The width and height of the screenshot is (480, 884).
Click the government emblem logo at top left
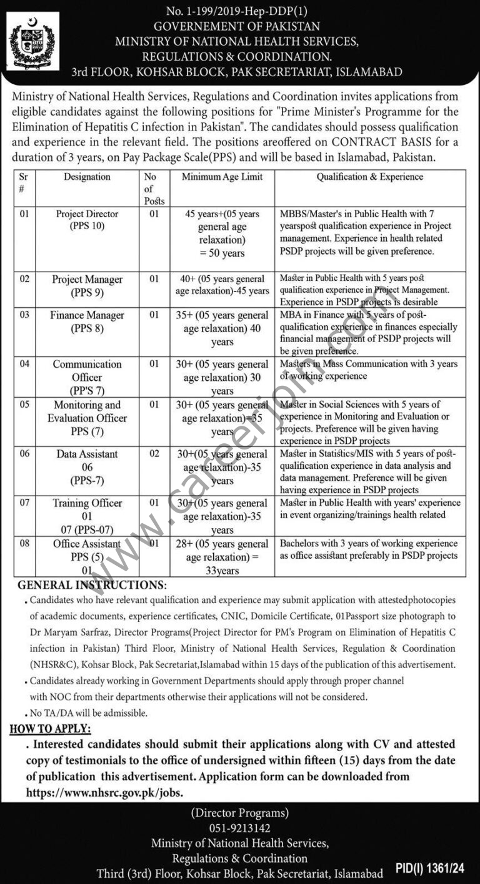pos(32,41)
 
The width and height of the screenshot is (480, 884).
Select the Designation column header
pos(87,177)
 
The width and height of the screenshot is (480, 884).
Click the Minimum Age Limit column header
pos(222,177)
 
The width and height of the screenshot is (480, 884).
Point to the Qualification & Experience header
pos(369,177)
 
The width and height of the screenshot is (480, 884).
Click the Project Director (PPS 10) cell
pos(87,220)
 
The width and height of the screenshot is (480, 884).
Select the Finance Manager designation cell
pos(87,322)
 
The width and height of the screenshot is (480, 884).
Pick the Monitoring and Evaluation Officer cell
pos(87,418)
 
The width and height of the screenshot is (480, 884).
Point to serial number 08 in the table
pos(24,544)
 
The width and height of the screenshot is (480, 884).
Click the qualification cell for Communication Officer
pos(369,370)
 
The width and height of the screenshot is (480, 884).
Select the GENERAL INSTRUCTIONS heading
pos(92,585)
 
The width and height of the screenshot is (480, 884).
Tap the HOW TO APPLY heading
pos(51,729)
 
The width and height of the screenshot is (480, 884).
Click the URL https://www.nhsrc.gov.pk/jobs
pos(105,792)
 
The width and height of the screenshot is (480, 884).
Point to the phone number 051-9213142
pos(240,828)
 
